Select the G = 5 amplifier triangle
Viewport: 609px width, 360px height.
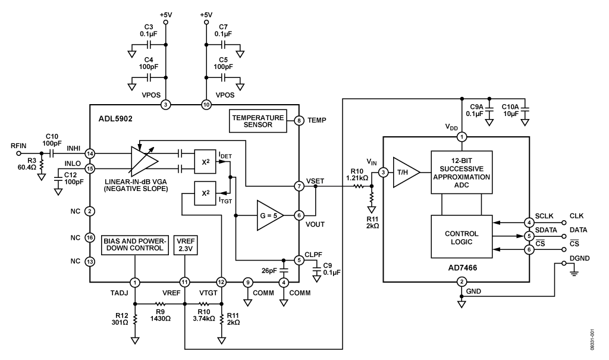pos(268,214)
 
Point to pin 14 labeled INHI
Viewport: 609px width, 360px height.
pos(90,153)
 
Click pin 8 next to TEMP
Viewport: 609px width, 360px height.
pos(300,121)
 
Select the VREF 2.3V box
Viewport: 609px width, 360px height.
pos(185,245)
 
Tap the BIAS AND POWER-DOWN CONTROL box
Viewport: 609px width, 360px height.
pos(136,245)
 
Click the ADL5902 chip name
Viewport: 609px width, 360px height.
pos(116,118)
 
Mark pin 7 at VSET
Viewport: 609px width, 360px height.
pos(300,186)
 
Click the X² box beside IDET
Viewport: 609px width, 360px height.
pos(205,160)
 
